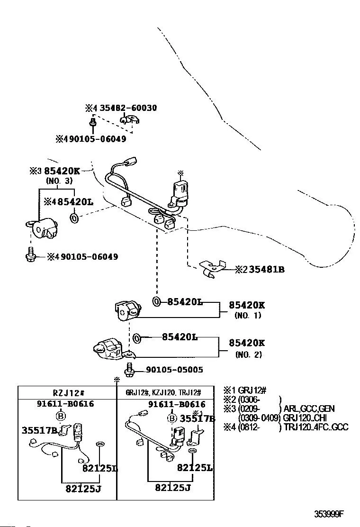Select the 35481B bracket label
click(x=266, y=270)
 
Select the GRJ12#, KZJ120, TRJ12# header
click(x=163, y=392)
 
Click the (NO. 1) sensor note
click(x=247, y=316)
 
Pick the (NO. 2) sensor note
click(x=247, y=354)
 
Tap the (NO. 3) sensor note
click(x=59, y=181)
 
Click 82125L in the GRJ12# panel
click(x=195, y=468)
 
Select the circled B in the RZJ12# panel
click(x=61, y=416)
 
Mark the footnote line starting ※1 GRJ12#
click(x=244, y=391)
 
